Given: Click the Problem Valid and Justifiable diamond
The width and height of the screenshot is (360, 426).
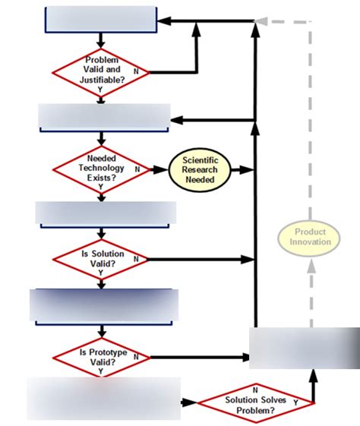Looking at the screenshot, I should [101, 72].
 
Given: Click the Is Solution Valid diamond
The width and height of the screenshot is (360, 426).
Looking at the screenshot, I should [101, 258].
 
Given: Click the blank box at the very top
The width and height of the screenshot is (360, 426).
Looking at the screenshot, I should [101, 20].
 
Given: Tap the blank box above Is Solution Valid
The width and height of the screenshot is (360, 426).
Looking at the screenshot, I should [106, 213].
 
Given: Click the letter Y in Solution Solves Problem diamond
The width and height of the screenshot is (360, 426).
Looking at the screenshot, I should [295, 401].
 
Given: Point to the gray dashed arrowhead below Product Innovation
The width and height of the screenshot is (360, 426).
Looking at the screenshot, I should [310, 266].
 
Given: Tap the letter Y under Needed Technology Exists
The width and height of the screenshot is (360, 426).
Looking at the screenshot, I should [101, 187].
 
